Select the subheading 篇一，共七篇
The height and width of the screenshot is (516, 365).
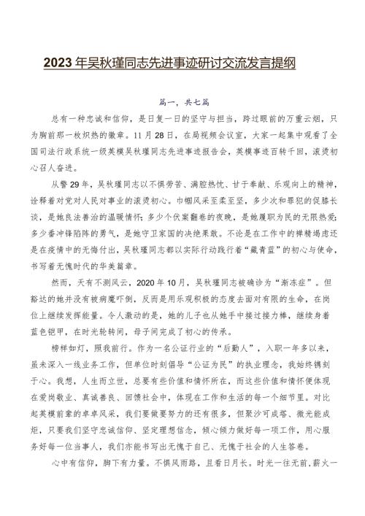pos(182,104)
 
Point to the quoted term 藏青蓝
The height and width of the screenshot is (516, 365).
pos(262,270)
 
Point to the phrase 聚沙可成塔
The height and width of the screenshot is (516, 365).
pos(277,458)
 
